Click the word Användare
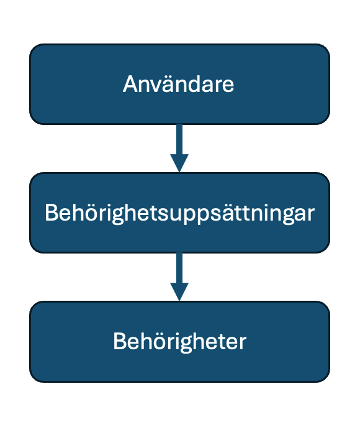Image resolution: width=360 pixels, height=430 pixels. [x=178, y=84]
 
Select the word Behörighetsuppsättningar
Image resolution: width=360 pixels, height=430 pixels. [x=180, y=213]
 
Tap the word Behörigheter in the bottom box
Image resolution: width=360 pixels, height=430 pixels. [x=180, y=342]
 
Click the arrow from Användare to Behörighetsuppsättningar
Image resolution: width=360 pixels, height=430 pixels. [x=179, y=148]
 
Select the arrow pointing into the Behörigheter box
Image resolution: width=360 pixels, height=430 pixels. [x=179, y=277]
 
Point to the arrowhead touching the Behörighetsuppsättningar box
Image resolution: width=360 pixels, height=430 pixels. [x=179, y=163]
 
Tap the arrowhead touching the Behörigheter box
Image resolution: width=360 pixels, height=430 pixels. [x=179, y=292]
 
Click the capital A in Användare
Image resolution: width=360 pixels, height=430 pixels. [x=130, y=84]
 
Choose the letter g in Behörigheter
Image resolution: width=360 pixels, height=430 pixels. [x=187, y=344]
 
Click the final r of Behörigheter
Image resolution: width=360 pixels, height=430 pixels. [x=242, y=344]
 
